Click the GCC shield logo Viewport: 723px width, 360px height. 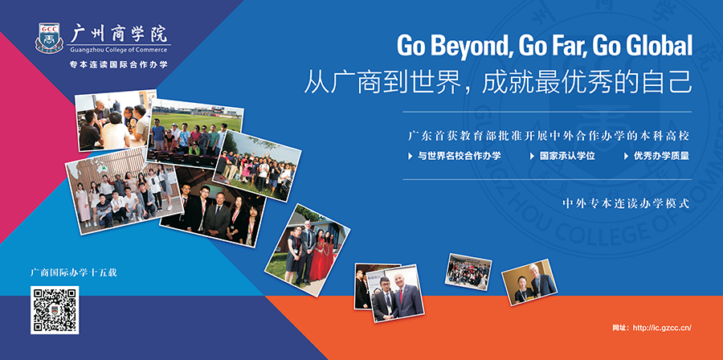pos(49,38)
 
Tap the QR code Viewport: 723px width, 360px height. pos(55,309)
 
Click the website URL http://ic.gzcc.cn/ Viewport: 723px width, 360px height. pos(663,328)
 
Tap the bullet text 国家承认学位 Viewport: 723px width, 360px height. pos(568,156)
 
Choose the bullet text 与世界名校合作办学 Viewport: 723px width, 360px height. pos(460,156)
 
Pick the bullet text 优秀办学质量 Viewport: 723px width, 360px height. pos(661,156)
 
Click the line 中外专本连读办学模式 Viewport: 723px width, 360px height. pos(626,204)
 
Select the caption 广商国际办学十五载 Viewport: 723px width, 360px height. pos(73,272)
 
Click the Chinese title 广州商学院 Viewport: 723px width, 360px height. pos(119,33)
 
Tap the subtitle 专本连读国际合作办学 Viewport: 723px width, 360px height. pos(119,64)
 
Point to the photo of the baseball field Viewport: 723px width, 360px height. pos(194,133)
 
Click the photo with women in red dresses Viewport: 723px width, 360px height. pos(307,250)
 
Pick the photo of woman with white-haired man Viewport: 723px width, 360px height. pos(529,281)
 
